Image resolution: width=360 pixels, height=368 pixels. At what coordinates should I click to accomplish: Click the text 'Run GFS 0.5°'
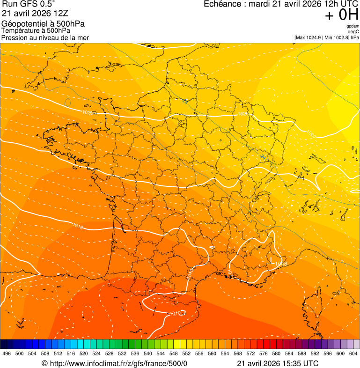[29, 4]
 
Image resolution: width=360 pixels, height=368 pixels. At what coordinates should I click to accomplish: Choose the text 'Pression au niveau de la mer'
[45, 37]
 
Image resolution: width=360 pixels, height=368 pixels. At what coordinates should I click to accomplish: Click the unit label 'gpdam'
[353, 26]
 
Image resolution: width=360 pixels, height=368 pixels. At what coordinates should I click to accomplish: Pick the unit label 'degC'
[354, 31]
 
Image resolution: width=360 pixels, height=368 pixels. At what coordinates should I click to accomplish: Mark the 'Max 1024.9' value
[311, 37]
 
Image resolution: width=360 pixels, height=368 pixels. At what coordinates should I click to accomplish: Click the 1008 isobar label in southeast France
[281, 264]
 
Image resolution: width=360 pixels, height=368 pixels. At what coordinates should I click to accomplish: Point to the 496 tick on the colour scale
[7, 353]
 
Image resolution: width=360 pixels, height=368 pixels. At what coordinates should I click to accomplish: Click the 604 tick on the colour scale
[354, 353]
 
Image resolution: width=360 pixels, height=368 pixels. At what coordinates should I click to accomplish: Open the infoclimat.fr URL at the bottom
[118, 363]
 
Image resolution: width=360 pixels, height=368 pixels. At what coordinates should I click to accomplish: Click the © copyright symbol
[44, 363]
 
